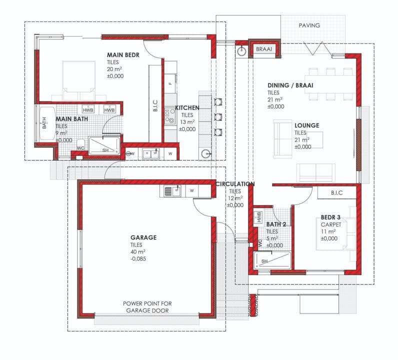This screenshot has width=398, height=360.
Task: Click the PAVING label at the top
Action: (x=309, y=25)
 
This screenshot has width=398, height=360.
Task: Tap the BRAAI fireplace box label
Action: (x=264, y=49)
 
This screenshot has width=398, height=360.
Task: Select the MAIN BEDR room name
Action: (x=123, y=55)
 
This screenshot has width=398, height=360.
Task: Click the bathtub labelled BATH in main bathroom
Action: (x=47, y=123)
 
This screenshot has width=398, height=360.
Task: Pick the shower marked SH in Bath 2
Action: (x=272, y=260)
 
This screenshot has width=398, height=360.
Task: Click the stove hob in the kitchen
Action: (x=170, y=116)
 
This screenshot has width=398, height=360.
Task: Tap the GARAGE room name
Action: (x=143, y=237)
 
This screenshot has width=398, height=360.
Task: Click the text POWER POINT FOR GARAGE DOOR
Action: (x=147, y=307)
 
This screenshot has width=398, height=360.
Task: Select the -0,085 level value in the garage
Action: (x=138, y=259)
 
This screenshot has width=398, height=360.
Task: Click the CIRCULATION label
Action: (x=235, y=184)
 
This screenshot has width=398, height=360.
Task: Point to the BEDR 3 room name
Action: (x=330, y=217)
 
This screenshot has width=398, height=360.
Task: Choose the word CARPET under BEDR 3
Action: (x=331, y=224)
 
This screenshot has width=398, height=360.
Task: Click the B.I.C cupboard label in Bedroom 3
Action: (x=336, y=193)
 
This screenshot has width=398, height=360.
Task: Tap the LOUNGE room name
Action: (x=307, y=125)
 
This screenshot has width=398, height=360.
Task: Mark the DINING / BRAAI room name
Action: (x=290, y=85)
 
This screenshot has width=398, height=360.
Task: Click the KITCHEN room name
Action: (x=187, y=108)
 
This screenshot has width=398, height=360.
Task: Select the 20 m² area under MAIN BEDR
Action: (x=114, y=69)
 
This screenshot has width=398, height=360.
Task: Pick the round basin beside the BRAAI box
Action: (x=241, y=51)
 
